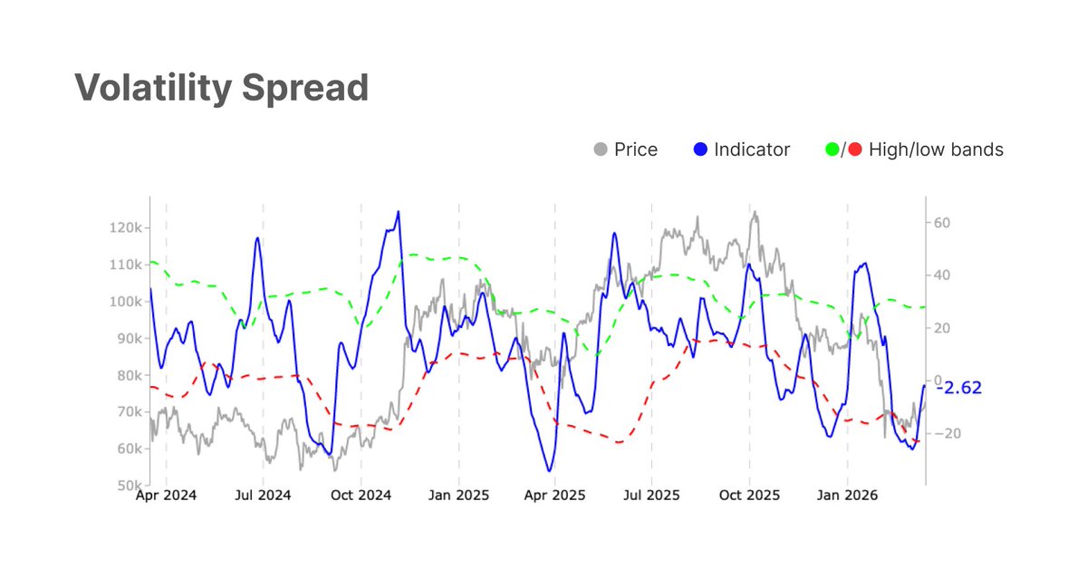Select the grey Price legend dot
(599, 149)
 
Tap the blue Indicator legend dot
(699, 149)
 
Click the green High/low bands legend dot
(832, 149)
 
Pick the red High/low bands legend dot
(855, 149)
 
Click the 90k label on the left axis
(127, 338)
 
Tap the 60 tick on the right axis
(940, 223)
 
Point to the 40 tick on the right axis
(940, 275)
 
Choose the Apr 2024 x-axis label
(166, 496)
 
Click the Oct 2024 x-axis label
(361, 496)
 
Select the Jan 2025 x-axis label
(458, 496)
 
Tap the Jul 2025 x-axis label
(652, 496)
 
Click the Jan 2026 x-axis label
(848, 496)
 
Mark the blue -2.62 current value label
(958, 388)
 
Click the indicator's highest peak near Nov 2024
(399, 212)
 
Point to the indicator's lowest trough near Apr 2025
(549, 471)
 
